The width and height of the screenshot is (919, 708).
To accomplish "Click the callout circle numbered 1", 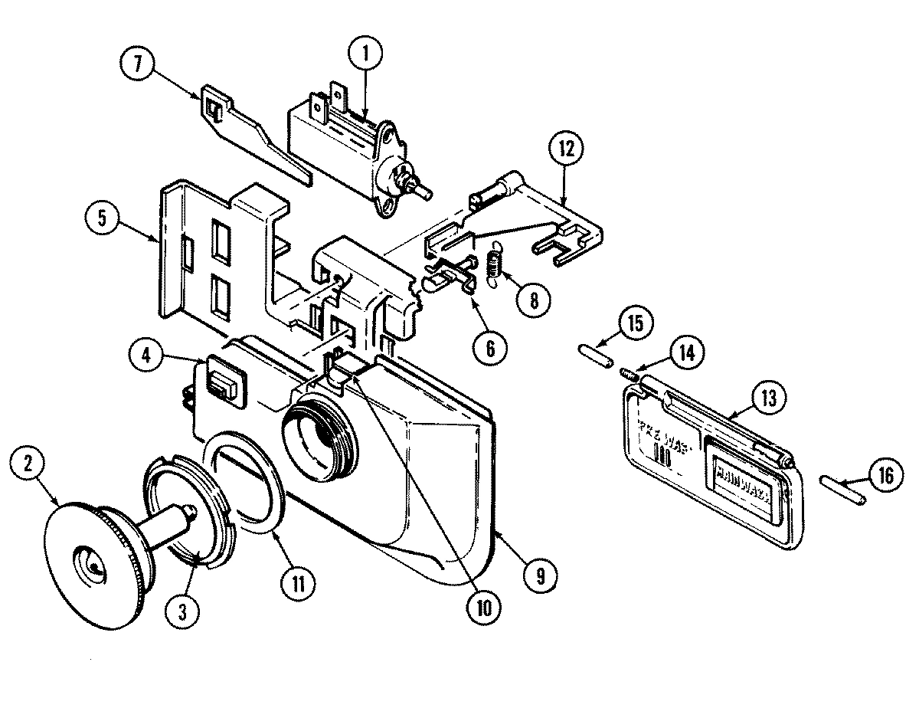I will [x=365, y=54].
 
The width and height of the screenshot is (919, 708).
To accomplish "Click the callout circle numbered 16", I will [x=884, y=477].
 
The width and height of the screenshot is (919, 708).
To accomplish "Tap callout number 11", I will [x=297, y=584].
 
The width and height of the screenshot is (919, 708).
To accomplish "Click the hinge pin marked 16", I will [x=842, y=490].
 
